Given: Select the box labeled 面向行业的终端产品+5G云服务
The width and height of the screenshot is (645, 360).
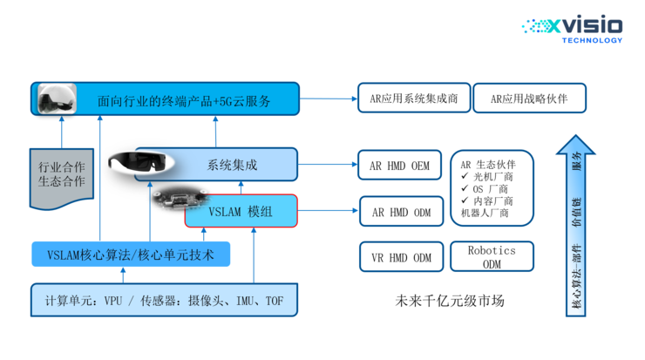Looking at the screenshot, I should click(183, 100).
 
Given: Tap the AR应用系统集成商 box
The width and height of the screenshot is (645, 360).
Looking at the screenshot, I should click(414, 98).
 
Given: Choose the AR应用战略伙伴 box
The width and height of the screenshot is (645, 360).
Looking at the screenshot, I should click(529, 98).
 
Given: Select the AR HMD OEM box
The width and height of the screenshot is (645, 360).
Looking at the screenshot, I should click(401, 165).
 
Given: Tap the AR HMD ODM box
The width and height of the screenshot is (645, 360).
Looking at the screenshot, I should click(401, 211).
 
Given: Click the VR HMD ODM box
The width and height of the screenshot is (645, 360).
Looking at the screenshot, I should click(401, 257).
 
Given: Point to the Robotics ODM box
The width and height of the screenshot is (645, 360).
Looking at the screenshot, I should click(492, 256).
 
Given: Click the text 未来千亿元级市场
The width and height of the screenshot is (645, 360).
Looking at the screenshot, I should click(450, 302).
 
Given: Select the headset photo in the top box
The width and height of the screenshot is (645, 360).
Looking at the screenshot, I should click(56, 99).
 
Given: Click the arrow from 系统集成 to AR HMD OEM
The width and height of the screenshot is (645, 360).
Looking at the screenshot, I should click(326, 164).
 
